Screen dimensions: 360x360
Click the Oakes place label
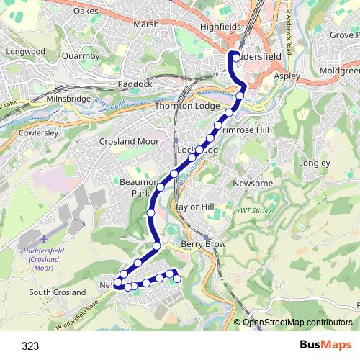[x=86, y=11]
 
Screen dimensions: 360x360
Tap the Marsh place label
[x=145, y=24]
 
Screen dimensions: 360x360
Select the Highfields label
[x=220, y=26]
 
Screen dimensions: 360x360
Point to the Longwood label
[x=25, y=52]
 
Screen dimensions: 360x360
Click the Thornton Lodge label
[x=187, y=106]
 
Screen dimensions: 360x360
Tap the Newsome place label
[x=253, y=184]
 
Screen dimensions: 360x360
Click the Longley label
[x=314, y=163]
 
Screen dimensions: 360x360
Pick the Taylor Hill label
[x=195, y=207]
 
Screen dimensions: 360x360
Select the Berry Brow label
[x=203, y=245]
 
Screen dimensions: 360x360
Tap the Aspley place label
[x=286, y=76]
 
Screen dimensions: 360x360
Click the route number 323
[x=30, y=346]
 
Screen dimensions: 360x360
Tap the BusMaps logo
[x=326, y=345]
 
